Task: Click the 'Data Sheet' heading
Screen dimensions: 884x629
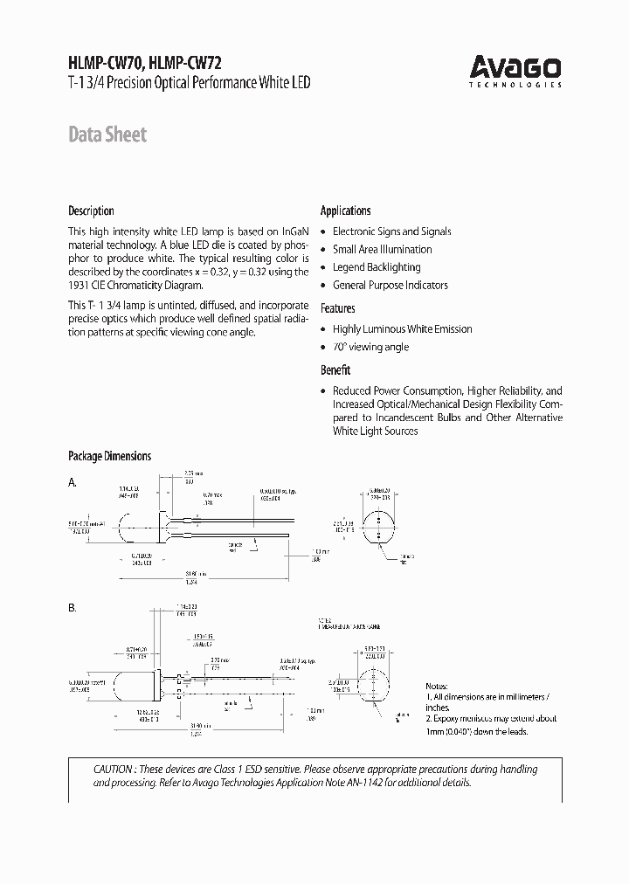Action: pos(107,135)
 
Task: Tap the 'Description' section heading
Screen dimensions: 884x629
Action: pos(91,211)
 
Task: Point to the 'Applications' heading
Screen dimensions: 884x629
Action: pos(345,211)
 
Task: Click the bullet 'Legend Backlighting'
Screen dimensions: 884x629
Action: pos(377,267)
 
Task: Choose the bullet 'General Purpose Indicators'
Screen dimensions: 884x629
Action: pos(390,285)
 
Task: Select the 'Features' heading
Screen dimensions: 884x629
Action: pos(337,308)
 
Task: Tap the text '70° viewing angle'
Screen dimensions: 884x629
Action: pos(370,347)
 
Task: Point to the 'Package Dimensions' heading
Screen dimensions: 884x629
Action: pos(109,456)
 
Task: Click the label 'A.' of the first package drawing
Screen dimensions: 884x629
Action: pos(73,482)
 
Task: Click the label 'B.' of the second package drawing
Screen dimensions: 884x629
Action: pos(73,607)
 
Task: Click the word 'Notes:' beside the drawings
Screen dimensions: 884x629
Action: pos(437,686)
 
